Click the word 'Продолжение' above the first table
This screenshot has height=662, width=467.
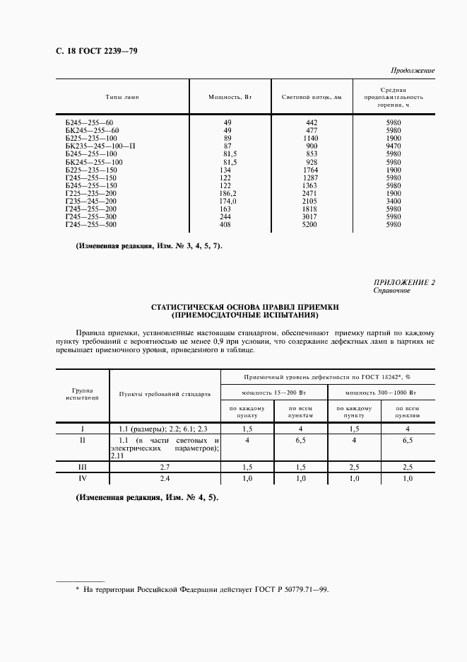[413, 71]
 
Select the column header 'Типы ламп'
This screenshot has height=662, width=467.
[122, 97]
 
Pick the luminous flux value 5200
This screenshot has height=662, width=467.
[311, 224]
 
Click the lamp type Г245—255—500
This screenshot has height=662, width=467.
[90, 224]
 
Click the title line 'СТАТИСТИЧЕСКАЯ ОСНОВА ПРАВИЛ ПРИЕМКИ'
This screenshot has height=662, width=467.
[245, 307]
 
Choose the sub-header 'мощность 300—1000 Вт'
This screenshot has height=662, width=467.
[382, 391]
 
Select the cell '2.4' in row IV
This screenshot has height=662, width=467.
[165, 479]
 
